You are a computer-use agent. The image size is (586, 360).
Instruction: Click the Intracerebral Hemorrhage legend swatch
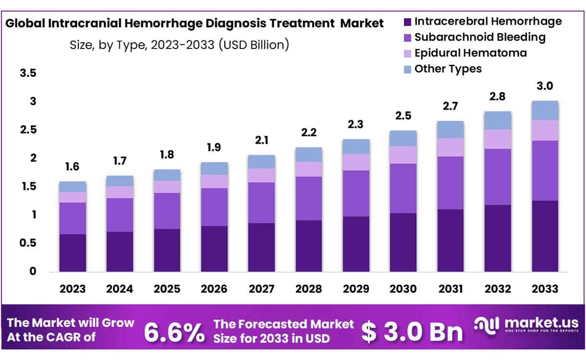[x=407, y=22]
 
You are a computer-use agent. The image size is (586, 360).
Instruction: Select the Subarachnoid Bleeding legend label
[x=480, y=37]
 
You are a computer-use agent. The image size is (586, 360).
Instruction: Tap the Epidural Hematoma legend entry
[x=470, y=53]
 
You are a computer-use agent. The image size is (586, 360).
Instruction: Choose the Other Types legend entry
[x=448, y=69]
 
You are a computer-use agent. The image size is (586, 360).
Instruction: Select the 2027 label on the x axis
[x=261, y=289]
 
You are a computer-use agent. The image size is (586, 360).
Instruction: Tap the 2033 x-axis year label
[x=545, y=289]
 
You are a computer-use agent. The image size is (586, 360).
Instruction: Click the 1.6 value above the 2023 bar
[x=73, y=167]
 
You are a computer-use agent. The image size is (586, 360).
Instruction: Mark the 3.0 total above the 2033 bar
[x=545, y=86]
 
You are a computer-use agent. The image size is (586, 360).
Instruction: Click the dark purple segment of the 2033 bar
[x=545, y=236]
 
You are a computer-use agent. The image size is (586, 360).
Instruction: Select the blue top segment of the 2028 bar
[x=308, y=155]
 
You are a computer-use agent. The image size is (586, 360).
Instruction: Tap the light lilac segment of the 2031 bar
[x=450, y=147]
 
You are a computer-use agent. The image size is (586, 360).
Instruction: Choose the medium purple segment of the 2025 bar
[x=167, y=211]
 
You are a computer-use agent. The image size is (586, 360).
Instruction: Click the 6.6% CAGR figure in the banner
[x=174, y=332]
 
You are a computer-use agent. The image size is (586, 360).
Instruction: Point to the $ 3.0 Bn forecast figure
[x=412, y=332]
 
